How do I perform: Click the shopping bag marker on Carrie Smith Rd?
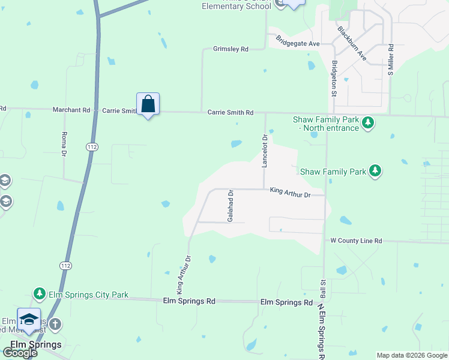click(148, 105)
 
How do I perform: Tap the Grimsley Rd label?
click(231, 49)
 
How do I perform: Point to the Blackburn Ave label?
click(352, 43)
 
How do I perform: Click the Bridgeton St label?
click(334, 78)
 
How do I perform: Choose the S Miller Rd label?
click(391, 59)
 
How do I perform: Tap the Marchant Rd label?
click(71, 110)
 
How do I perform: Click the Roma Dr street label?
click(64, 145)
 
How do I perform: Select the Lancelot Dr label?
click(264, 151)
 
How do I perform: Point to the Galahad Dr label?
click(230, 206)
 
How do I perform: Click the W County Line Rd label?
click(356, 241)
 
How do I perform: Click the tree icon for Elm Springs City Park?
click(40, 293)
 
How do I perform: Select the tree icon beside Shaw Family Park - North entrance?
click(368, 124)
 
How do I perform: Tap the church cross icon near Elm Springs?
click(55, 325)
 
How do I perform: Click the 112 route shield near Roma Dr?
click(92, 146)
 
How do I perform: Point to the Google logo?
click(20, 353)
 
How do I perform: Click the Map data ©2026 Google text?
click(411, 355)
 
